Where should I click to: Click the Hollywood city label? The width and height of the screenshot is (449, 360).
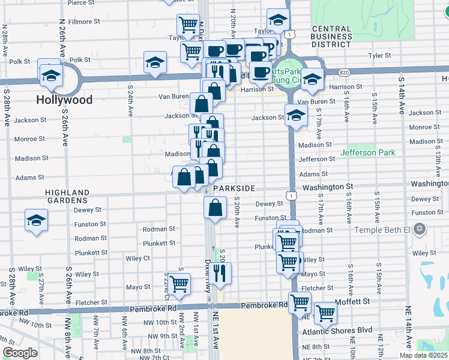[x=65, y=100]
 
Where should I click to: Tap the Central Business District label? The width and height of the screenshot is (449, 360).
[x=331, y=36]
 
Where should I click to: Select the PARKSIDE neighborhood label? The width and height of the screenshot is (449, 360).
[x=234, y=188]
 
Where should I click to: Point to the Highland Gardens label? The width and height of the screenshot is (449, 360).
[x=67, y=197]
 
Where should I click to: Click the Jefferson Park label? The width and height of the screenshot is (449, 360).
[x=368, y=152]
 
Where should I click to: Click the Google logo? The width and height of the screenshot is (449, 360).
[x=20, y=353]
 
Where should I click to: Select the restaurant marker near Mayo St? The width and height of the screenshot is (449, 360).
[x=221, y=273]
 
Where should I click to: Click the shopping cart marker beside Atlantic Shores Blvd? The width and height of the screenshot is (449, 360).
[x=325, y=312]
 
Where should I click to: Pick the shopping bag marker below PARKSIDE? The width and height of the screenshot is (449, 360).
[x=215, y=208]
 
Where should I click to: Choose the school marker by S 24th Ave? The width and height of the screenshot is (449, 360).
[x=155, y=62]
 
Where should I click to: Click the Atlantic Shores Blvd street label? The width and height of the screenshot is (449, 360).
[x=345, y=330]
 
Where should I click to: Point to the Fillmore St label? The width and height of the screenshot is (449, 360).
[x=84, y=22]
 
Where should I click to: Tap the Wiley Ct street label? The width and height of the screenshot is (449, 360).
[x=137, y=259]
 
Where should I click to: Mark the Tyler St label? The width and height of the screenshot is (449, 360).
[x=379, y=55]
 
